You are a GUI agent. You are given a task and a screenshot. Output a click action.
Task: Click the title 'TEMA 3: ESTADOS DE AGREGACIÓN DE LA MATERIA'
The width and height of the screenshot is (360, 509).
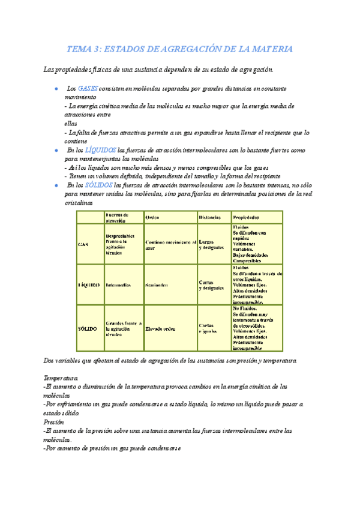[x=180, y=49]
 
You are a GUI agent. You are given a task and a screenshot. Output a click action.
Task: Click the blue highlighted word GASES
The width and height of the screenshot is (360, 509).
[x=88, y=88]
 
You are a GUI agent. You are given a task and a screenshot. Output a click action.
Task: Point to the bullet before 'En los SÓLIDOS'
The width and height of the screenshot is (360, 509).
[x=55, y=186]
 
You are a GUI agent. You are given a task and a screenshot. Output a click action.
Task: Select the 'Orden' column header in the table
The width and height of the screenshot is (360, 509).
[x=152, y=217]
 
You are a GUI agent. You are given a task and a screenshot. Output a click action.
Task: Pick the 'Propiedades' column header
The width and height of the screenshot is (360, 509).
[x=246, y=217]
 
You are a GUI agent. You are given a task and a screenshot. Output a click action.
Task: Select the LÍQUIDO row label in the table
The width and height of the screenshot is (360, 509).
[x=88, y=285]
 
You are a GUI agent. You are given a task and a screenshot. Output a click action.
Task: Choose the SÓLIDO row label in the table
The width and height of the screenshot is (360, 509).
[x=87, y=328]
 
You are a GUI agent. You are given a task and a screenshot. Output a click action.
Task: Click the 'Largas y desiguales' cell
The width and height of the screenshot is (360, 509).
[x=211, y=243]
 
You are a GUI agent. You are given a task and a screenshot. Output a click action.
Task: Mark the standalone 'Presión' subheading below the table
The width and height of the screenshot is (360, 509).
[x=54, y=422]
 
